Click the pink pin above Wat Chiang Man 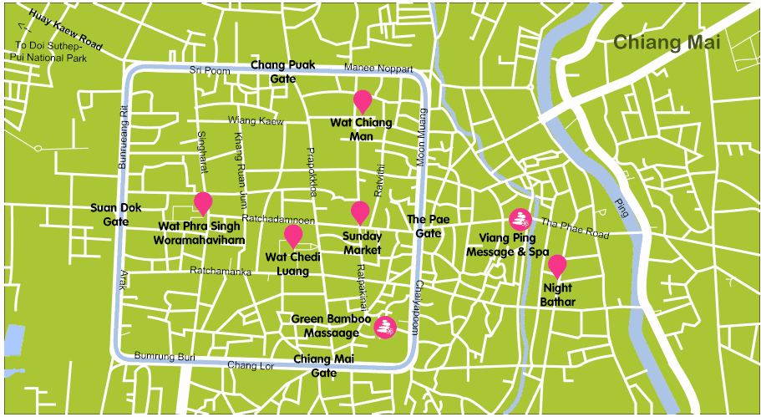(x=363, y=100)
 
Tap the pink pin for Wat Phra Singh (x=203, y=202)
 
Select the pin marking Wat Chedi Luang (x=293, y=235)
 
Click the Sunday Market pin (x=360, y=211)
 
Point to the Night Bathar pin (x=557, y=266)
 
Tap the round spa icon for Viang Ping (x=520, y=220)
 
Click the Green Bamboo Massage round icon (x=384, y=327)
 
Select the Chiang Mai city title (x=661, y=43)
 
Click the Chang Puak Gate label (x=282, y=71)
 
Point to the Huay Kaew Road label (x=64, y=30)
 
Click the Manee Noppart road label (x=378, y=68)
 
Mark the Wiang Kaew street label (x=256, y=120)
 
